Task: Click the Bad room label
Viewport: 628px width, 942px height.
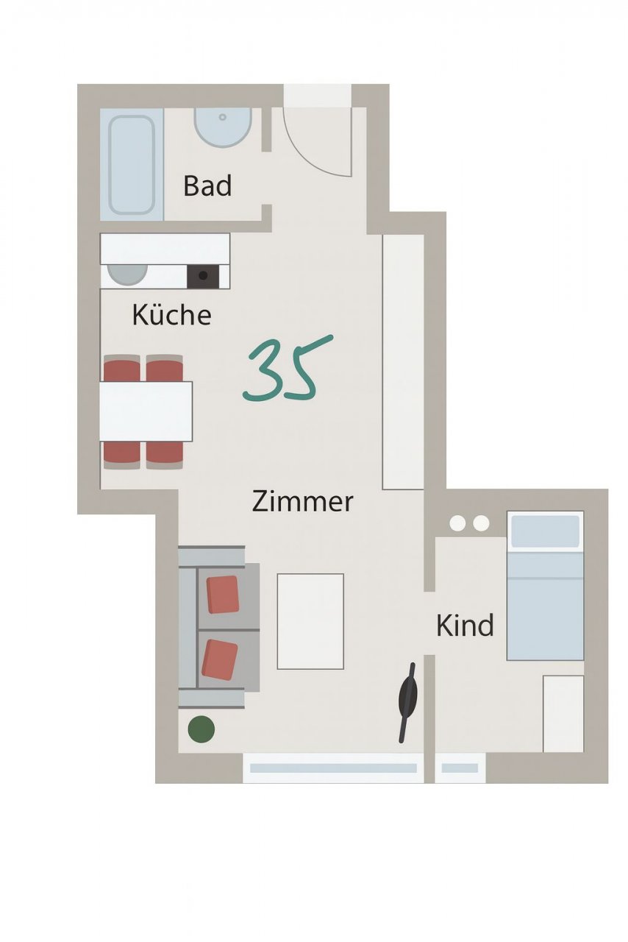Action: (x=207, y=185)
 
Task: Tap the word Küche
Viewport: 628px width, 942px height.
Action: (x=171, y=315)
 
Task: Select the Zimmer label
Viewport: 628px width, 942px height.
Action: (x=302, y=502)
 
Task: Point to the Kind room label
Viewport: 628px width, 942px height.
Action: (x=465, y=626)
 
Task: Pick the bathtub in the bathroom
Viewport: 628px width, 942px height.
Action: (x=132, y=164)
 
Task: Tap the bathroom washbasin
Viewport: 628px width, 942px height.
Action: (x=223, y=126)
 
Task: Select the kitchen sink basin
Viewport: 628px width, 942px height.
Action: (x=126, y=274)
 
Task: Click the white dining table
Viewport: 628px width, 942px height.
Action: (x=146, y=411)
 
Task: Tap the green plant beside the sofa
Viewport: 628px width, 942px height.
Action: (x=201, y=729)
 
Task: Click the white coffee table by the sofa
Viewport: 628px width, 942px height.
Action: (x=310, y=621)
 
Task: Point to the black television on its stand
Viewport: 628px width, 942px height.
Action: (x=407, y=701)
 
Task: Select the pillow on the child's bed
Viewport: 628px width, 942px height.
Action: (x=545, y=531)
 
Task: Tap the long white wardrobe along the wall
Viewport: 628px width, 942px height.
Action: (x=403, y=361)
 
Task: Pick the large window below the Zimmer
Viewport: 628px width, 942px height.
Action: (x=333, y=768)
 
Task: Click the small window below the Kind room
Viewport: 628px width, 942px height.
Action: (x=460, y=768)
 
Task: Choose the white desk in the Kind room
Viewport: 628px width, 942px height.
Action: (x=563, y=713)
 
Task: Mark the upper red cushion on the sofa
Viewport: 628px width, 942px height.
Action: (x=223, y=594)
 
